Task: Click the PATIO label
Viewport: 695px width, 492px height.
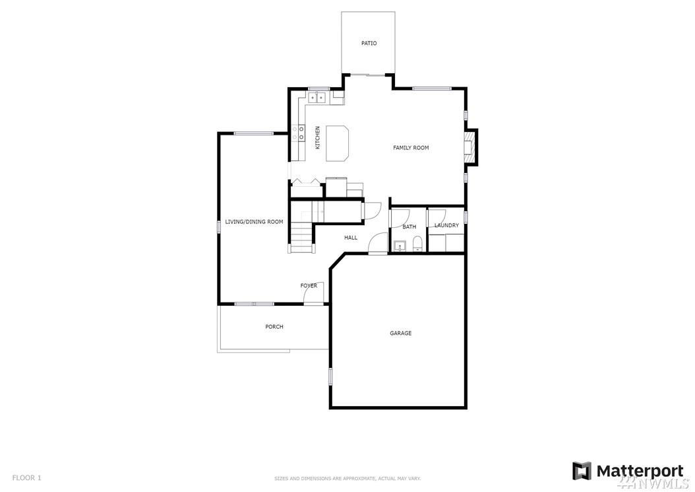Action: click(369, 43)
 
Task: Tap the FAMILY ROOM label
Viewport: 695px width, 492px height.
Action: click(411, 147)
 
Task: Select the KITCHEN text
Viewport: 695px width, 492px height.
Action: click(317, 137)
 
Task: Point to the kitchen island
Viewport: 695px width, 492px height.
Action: click(338, 143)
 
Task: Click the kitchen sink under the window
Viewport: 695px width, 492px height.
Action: click(317, 97)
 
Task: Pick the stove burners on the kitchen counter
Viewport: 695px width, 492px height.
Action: click(298, 133)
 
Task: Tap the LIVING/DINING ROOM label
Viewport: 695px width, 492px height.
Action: click(254, 222)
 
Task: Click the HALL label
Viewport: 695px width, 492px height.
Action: click(351, 238)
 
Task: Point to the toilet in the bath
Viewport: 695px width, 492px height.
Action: click(417, 244)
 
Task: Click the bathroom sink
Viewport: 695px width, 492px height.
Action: click(400, 246)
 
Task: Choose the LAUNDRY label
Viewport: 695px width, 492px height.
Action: click(447, 225)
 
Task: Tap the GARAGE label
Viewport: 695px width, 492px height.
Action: click(401, 333)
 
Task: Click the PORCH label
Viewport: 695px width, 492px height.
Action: click(274, 327)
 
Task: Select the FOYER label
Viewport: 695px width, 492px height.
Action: click(309, 285)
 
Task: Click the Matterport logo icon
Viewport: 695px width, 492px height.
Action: click(582, 471)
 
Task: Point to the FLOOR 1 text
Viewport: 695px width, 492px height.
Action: click(26, 477)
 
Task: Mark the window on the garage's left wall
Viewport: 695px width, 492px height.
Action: click(330, 376)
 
